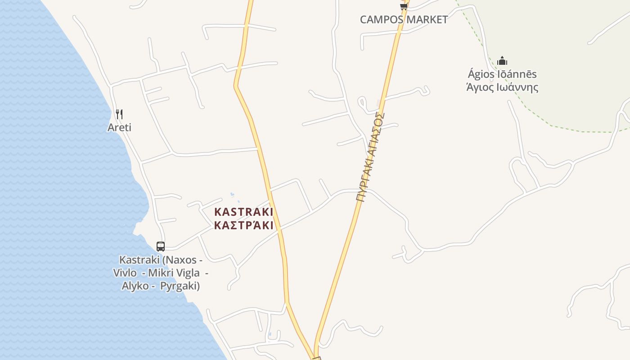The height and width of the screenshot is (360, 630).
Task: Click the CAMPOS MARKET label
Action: click(x=404, y=19)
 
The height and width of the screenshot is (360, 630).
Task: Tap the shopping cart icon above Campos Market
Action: click(x=404, y=6)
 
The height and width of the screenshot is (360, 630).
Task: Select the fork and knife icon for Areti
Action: click(x=119, y=114)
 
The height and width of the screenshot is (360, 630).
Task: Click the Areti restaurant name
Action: click(x=119, y=127)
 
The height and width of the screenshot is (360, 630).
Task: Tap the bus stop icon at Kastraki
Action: click(x=161, y=246)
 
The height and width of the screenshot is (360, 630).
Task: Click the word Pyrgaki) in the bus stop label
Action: click(x=180, y=286)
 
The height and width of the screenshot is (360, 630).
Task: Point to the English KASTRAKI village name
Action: click(x=243, y=211)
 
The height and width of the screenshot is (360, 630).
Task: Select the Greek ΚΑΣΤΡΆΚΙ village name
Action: click(x=243, y=225)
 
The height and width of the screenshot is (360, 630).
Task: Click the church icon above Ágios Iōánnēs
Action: click(x=502, y=61)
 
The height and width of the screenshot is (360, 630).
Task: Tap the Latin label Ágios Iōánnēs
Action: click(x=502, y=74)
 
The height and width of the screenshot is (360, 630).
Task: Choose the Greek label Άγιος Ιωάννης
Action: click(x=502, y=87)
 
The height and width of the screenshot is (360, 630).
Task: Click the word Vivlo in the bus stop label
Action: click(x=125, y=273)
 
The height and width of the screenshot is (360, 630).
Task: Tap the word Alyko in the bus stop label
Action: click(x=135, y=286)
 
